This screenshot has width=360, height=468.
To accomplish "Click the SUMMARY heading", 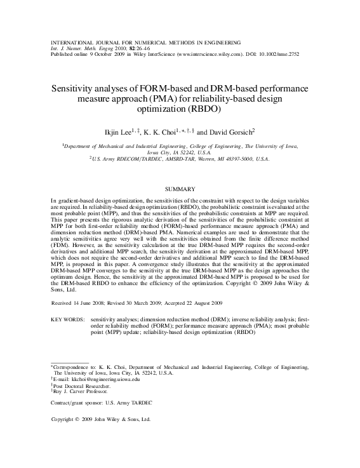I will [180, 189].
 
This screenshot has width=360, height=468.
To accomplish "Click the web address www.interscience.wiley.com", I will [210, 54].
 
